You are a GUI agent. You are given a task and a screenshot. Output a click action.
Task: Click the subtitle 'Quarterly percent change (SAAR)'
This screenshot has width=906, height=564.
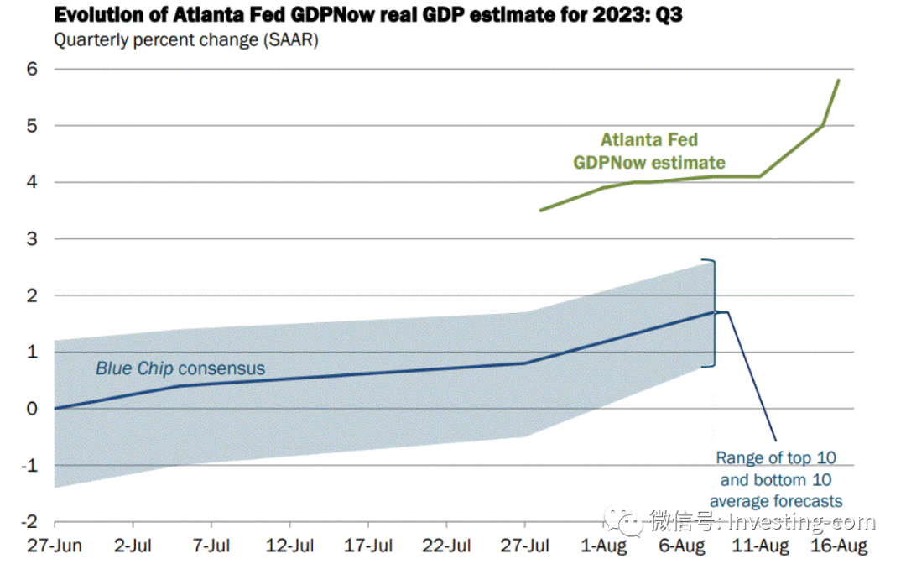[185, 39]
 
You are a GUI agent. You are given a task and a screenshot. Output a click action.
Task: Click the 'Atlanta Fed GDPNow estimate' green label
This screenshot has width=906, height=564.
[649, 151]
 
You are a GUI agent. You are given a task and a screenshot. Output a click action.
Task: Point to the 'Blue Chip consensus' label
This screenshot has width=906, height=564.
[180, 368]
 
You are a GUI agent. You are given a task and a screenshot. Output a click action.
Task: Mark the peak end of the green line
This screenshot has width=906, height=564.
[839, 81]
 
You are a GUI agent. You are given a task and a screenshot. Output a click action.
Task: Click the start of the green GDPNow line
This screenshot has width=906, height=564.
[540, 210]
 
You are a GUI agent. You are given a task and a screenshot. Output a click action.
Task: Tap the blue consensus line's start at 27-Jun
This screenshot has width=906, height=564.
[55, 408]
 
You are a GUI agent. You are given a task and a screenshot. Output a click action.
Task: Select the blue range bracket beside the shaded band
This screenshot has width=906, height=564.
[713, 313]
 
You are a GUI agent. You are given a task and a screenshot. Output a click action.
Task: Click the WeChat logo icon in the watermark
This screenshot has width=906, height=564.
[630, 521]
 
